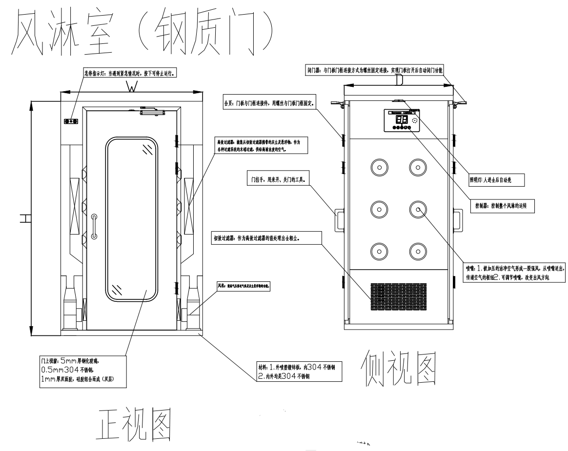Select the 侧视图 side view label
[x=398, y=367]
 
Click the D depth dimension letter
[x=399, y=79]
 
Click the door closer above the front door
[x=153, y=111]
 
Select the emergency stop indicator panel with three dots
[x=71, y=120]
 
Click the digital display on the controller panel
[x=401, y=119]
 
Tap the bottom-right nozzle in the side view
[x=418, y=251]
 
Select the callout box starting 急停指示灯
[x=129, y=74]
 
